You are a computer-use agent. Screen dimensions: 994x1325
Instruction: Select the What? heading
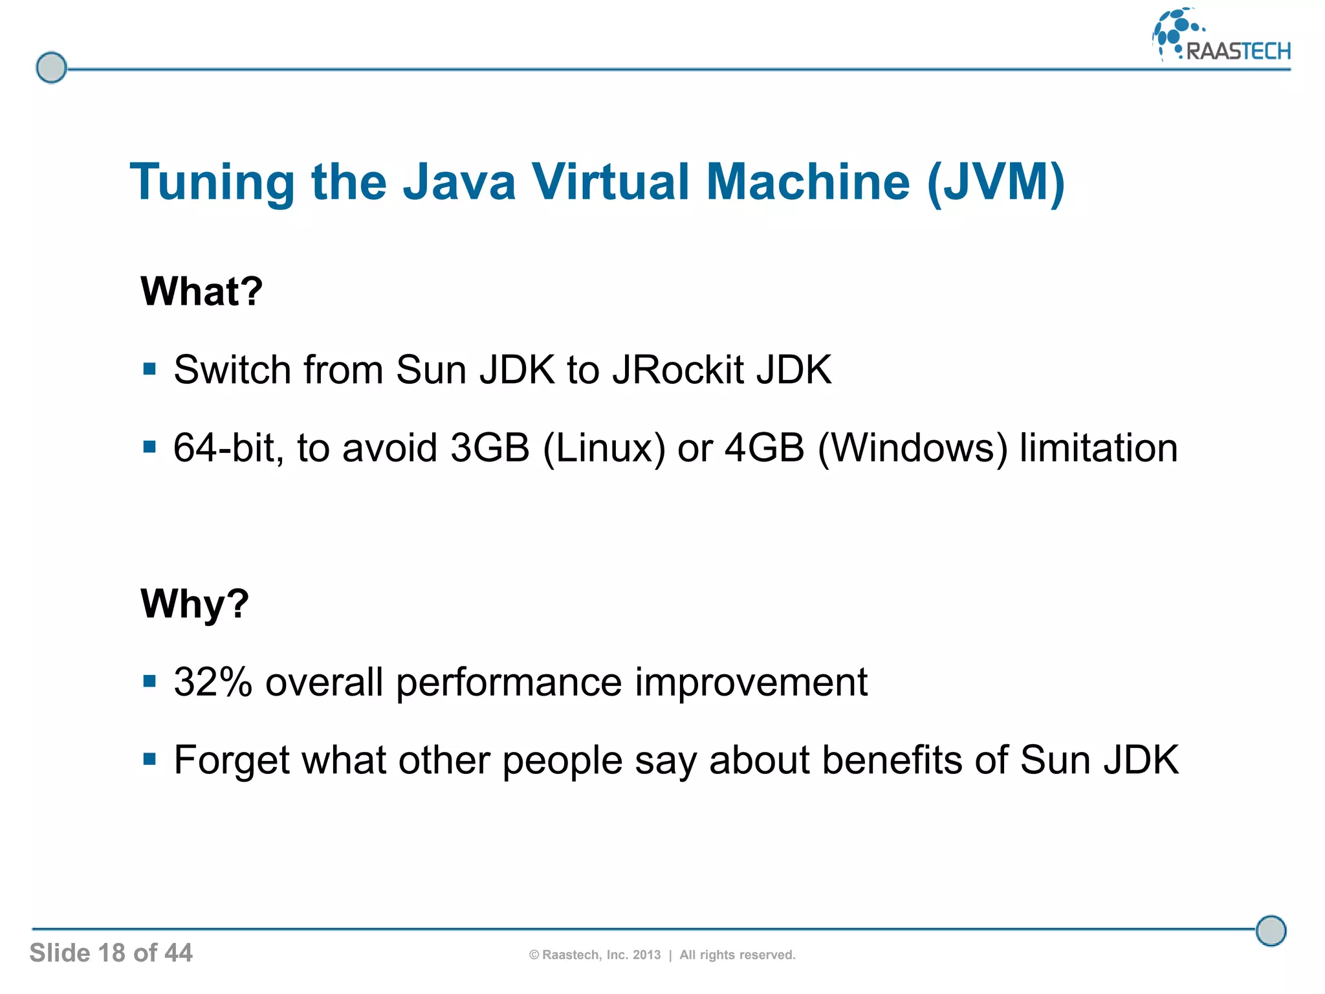202,291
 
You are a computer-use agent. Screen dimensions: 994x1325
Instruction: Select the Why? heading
195,604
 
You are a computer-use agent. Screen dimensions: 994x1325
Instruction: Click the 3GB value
490,448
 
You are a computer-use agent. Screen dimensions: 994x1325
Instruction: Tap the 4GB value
764,448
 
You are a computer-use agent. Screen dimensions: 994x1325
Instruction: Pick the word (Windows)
913,448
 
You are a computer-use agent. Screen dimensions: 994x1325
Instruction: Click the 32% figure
213,682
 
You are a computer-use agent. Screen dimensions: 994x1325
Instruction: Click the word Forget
231,761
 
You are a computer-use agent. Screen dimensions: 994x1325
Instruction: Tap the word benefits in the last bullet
892,760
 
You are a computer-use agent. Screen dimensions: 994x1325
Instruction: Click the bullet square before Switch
149,370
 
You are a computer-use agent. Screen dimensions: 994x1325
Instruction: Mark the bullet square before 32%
149,681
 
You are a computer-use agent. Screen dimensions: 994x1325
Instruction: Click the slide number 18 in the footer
111,953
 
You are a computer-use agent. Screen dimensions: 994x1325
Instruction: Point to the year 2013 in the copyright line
646,955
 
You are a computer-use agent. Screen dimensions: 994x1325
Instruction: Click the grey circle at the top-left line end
51,68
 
